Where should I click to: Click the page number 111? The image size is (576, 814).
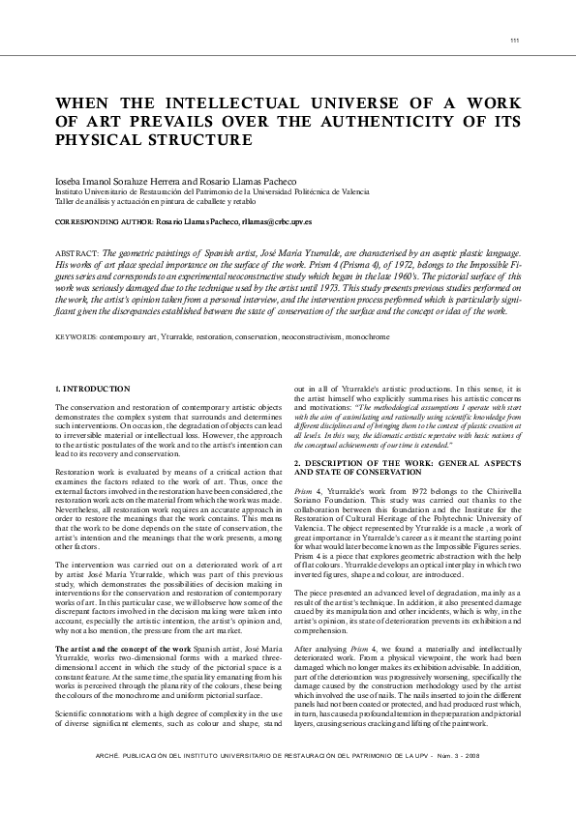(513, 40)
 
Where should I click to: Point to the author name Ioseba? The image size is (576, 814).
(71, 182)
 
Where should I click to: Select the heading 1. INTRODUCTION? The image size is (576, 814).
(93, 389)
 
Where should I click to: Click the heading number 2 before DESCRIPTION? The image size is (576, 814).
(295, 463)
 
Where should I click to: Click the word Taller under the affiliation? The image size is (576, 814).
(66, 201)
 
